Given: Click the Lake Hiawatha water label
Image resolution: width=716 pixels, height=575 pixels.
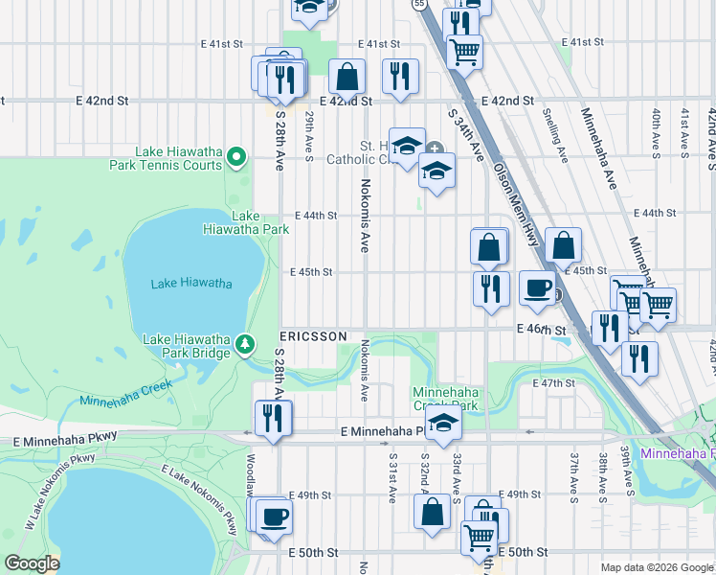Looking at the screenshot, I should pyautogui.click(x=191, y=283).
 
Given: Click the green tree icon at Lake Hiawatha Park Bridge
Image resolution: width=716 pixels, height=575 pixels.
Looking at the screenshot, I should pyautogui.click(x=246, y=343).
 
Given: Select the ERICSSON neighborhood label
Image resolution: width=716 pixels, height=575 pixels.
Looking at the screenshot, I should pyautogui.click(x=313, y=336).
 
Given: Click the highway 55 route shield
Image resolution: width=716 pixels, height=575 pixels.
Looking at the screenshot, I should pyautogui.click(x=419, y=5).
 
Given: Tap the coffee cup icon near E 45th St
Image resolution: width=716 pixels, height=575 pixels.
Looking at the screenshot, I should pyautogui.click(x=537, y=286).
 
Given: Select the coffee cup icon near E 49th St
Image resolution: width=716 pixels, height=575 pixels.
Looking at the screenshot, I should pyautogui.click(x=274, y=515).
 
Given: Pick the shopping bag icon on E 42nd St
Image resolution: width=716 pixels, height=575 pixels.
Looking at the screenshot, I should pyautogui.click(x=347, y=75).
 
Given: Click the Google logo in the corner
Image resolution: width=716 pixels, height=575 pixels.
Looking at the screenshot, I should pyautogui.click(x=31, y=563).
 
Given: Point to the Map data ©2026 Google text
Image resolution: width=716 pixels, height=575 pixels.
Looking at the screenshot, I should pyautogui.click(x=656, y=567).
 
